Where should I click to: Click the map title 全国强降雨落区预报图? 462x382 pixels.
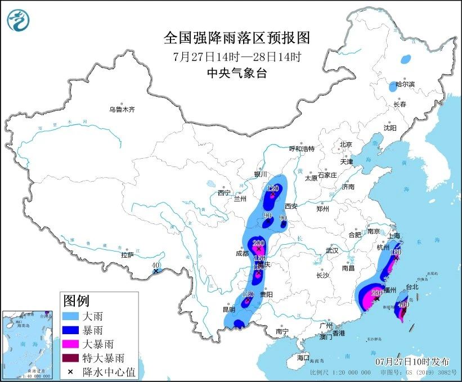pos(236,38)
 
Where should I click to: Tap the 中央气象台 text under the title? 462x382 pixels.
pos(236,72)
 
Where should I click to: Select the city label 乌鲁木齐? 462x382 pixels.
pos(122,110)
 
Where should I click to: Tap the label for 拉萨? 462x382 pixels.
pos(127,255)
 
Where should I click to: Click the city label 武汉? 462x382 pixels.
pos(331,250)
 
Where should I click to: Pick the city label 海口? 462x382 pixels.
pos(303,358)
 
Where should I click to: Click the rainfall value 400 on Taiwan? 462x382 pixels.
pos(403,304)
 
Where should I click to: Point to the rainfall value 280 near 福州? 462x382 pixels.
pos(377,292)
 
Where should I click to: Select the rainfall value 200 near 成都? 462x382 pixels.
pos(259,243)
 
